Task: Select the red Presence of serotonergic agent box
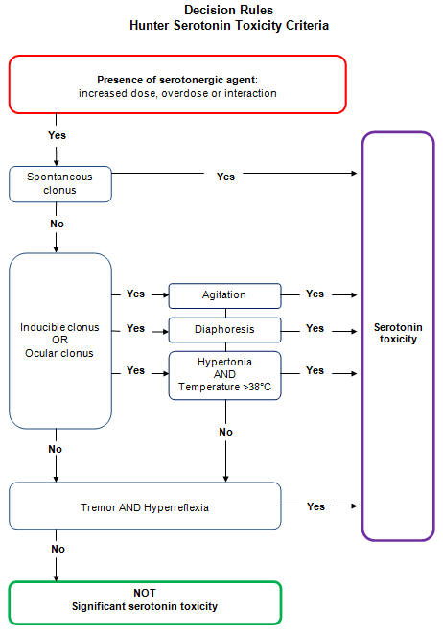point(176,85)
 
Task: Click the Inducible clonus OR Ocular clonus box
point(60,341)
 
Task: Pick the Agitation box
point(224,294)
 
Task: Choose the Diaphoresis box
point(224,329)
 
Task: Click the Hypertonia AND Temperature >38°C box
point(224,374)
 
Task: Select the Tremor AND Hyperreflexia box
point(145,506)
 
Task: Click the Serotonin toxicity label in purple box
point(398,333)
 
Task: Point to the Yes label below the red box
point(58,136)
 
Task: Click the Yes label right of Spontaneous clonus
point(225,177)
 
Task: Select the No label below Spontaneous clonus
point(58,224)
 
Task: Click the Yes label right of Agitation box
point(315,294)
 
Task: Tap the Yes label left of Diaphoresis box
point(135,329)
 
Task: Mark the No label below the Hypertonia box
point(225,432)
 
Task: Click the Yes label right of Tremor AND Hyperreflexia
point(315,506)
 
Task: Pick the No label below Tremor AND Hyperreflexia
point(58,549)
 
